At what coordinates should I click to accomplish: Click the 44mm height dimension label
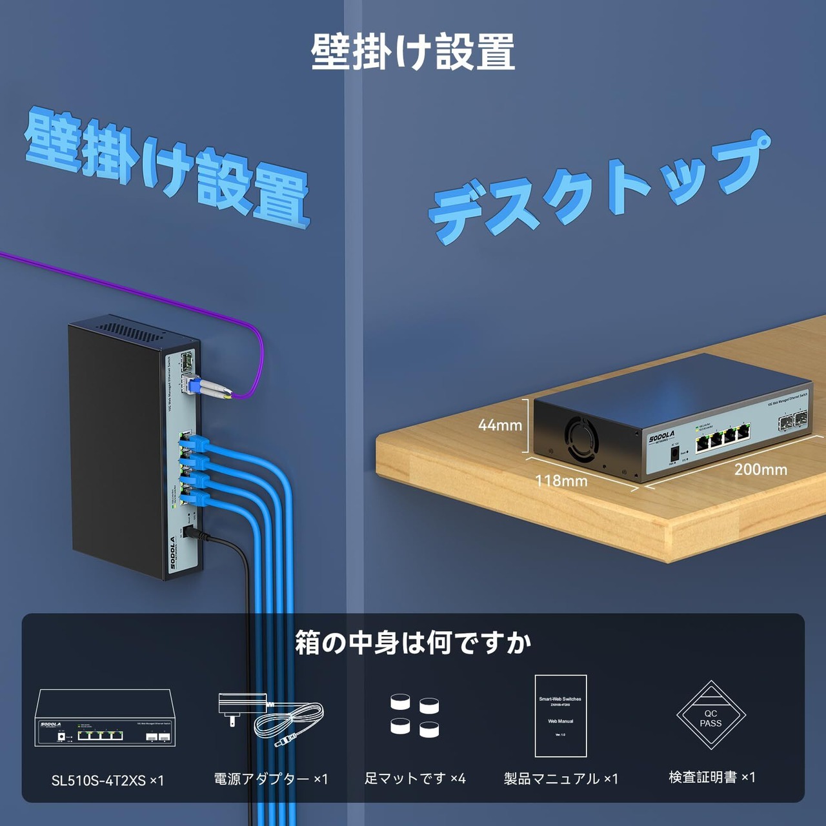click(499, 425)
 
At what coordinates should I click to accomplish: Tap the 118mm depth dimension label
click(561, 481)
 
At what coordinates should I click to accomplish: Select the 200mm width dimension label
click(760, 469)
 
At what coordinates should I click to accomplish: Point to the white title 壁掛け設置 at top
click(413, 52)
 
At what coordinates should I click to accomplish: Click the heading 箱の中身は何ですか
click(413, 643)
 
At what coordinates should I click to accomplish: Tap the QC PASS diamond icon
click(710, 715)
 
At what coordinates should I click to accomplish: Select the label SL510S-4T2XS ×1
click(108, 780)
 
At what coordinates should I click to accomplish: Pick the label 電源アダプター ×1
click(271, 779)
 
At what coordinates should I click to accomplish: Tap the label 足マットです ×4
click(415, 779)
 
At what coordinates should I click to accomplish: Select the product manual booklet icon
click(560, 716)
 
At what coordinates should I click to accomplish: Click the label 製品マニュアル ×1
click(561, 779)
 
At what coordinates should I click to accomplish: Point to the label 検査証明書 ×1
click(712, 777)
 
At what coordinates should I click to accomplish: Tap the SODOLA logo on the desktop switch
click(661, 437)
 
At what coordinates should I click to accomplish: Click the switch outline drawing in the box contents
click(105, 718)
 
